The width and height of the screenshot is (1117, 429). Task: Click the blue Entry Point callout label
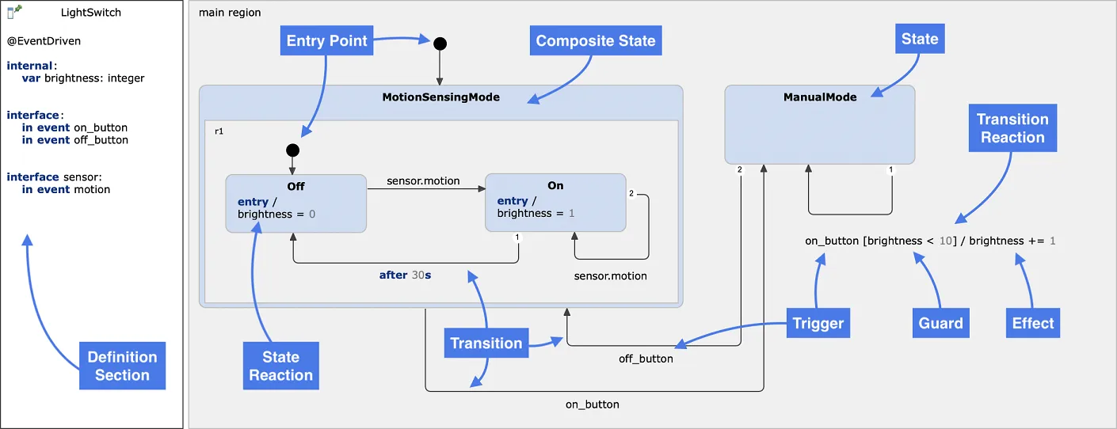pyautogui.click(x=327, y=41)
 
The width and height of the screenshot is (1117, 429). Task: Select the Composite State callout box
pyautogui.click(x=596, y=41)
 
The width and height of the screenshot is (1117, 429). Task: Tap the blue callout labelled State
pyautogui.click(x=920, y=39)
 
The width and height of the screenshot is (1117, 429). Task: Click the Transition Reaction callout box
pyautogui.click(x=1012, y=128)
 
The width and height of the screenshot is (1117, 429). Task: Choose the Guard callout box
pyautogui.click(x=940, y=323)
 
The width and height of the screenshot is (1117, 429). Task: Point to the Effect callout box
pyautogui.click(x=1033, y=323)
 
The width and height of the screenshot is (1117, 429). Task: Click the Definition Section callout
pyautogui.click(x=122, y=366)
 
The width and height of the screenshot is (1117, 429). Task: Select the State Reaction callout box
pyautogui.click(x=281, y=366)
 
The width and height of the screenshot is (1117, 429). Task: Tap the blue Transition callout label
pyautogui.click(x=486, y=344)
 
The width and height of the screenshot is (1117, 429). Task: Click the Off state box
pyautogui.click(x=295, y=203)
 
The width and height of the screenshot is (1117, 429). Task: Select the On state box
pyautogui.click(x=555, y=203)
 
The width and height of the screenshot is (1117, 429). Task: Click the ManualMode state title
pyautogui.click(x=820, y=97)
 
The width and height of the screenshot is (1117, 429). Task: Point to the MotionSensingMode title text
pyautogui.click(x=440, y=97)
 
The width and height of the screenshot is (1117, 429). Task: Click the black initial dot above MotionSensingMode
pyautogui.click(x=440, y=43)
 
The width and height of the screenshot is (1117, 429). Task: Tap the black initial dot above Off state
pyautogui.click(x=292, y=150)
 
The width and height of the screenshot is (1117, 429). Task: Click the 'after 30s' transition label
pyautogui.click(x=405, y=275)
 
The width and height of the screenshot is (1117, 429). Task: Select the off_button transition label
pyautogui.click(x=646, y=359)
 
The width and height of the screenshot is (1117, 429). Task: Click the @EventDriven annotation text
pyautogui.click(x=44, y=40)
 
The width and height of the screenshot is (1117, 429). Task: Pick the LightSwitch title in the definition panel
pyautogui.click(x=91, y=13)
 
